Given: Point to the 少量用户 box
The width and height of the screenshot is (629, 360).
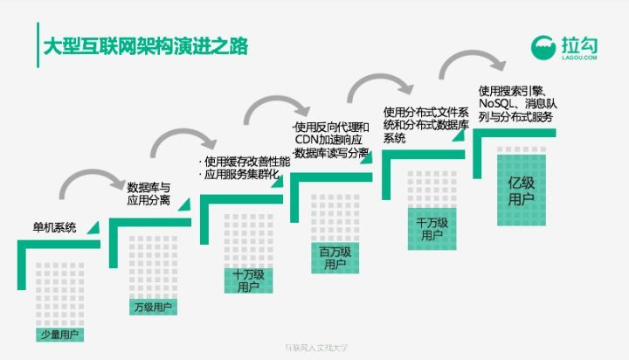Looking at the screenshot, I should coord(61,334).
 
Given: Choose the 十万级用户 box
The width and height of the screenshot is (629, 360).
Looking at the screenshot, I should coord(248,280).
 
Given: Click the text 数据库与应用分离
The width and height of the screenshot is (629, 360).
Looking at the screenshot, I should coord(149,194).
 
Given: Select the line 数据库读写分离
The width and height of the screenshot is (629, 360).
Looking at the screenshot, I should coord(331,154).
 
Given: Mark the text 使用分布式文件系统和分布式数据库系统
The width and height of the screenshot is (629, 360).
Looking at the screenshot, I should coord(426,124).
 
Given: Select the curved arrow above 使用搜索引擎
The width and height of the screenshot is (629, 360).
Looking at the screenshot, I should coord(473,63).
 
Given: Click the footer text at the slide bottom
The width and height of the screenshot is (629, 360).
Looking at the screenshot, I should coord(314,347).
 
